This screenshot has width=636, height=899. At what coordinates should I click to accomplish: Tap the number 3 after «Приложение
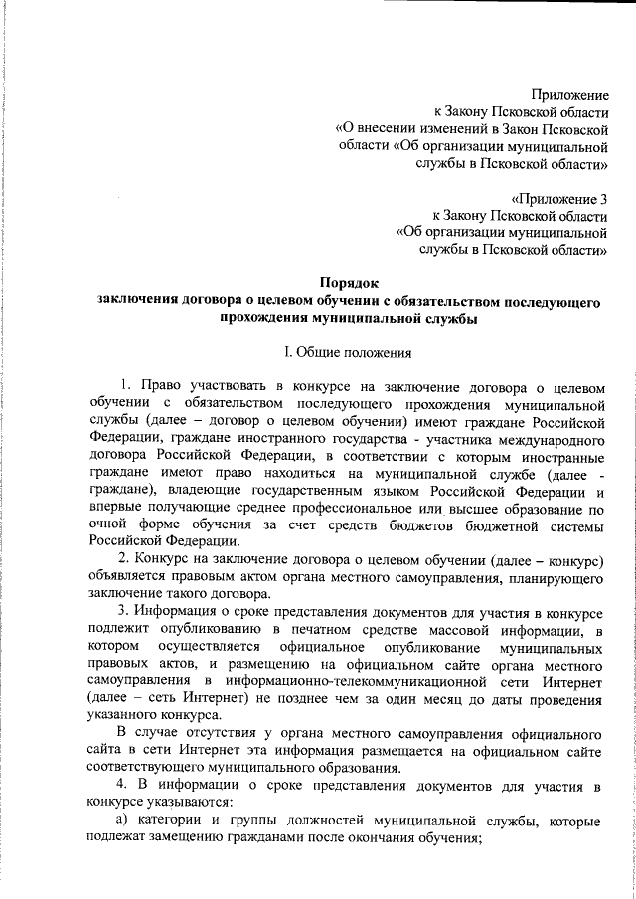tap(603, 198)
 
